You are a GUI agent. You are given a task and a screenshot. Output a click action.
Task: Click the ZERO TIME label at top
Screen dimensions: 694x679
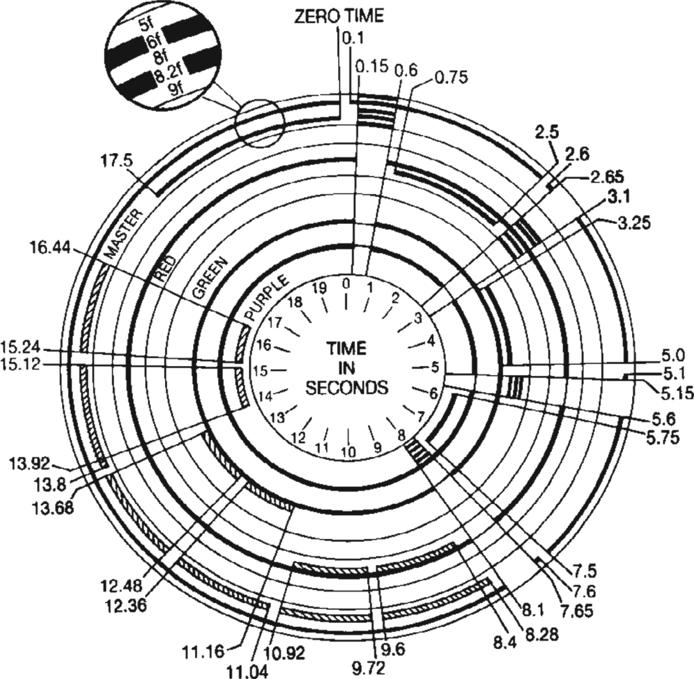click(x=339, y=16)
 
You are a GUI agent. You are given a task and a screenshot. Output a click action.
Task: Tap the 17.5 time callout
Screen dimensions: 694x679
click(x=116, y=161)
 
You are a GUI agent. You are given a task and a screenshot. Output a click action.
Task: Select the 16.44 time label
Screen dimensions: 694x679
click(x=51, y=248)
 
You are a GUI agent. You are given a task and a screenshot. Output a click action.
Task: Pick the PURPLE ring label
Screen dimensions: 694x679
click(x=266, y=298)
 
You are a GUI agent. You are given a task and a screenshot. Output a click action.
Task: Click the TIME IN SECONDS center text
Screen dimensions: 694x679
click(x=347, y=368)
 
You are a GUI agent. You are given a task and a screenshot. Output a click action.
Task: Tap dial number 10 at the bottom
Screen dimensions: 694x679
click(x=348, y=452)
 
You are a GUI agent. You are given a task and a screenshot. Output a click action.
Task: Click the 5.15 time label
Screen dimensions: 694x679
click(x=677, y=393)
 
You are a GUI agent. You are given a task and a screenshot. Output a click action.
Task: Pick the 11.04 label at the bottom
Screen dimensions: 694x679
click(x=247, y=672)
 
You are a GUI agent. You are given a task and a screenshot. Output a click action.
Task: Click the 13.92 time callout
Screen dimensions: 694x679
click(x=28, y=464)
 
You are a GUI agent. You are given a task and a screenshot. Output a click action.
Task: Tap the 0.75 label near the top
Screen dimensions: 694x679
click(x=451, y=77)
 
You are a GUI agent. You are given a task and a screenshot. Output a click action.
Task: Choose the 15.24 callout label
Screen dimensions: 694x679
click(x=21, y=349)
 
